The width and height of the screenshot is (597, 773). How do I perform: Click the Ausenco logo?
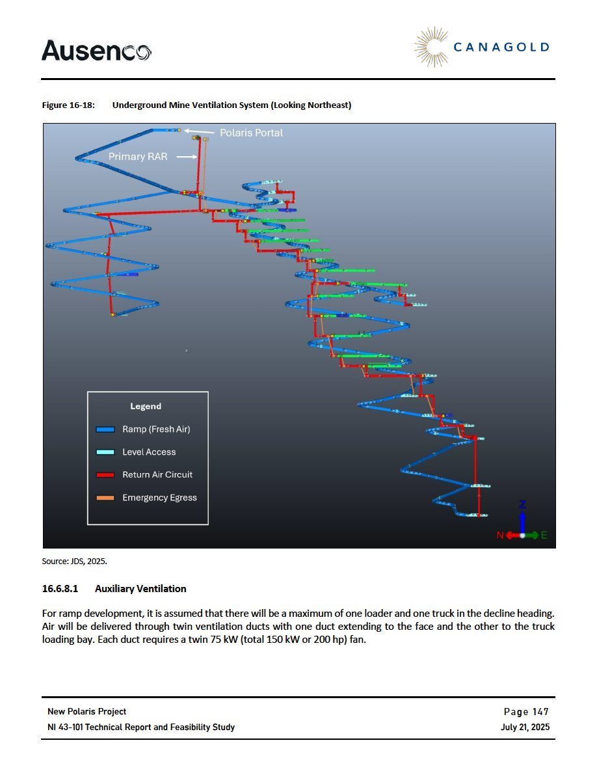(96, 50)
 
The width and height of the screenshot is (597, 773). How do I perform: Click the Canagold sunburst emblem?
(432, 47)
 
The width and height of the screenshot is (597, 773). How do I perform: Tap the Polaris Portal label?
(251, 133)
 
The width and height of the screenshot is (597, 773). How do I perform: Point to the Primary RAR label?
(138, 156)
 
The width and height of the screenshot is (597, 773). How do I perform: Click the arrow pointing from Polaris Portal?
(199, 131)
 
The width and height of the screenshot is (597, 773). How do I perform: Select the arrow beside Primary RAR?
(187, 157)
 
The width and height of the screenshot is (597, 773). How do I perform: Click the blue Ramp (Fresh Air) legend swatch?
(105, 429)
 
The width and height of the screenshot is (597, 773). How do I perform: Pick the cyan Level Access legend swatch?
(105, 452)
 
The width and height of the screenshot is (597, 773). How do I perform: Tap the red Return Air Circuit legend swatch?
(105, 475)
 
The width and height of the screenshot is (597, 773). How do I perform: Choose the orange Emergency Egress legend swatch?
(105, 498)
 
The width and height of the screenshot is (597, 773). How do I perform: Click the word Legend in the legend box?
(146, 406)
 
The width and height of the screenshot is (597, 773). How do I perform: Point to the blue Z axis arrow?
(523, 519)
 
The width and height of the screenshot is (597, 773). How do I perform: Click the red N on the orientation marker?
(500, 536)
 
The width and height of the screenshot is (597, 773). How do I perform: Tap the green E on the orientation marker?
(544, 536)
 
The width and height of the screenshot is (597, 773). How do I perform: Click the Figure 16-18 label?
(68, 105)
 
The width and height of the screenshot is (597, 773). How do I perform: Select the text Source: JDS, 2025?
(74, 561)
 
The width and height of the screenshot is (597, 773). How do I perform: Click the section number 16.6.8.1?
(60, 589)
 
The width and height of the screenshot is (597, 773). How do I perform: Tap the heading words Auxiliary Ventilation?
(140, 589)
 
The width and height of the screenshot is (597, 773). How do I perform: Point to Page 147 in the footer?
(526, 711)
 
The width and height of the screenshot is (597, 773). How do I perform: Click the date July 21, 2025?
(525, 727)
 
